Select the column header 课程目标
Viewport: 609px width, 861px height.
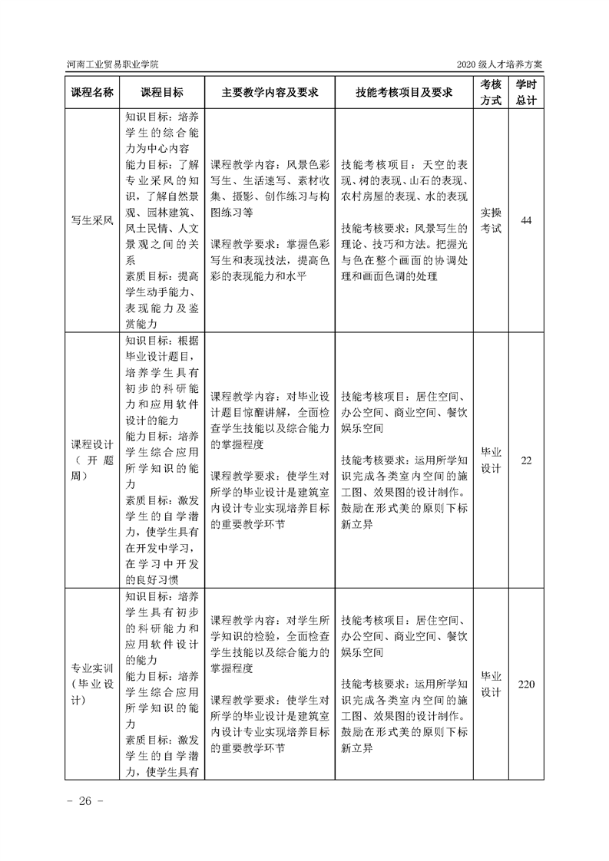click(162, 92)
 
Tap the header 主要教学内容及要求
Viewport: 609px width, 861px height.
click(270, 92)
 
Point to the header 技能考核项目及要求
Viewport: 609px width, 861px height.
click(403, 92)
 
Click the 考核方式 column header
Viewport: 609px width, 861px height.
click(491, 92)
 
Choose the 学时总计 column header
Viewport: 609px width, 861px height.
click(526, 92)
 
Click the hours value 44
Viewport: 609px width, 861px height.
click(526, 221)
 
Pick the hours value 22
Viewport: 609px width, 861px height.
click(526, 460)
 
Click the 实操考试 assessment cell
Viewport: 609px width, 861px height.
click(491, 221)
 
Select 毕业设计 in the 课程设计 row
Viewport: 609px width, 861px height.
click(491, 460)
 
